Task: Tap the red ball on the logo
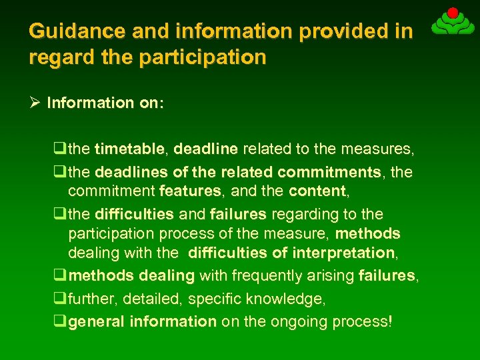(452, 13)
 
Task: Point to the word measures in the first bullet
(386, 149)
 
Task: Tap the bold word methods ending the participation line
(367, 234)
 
